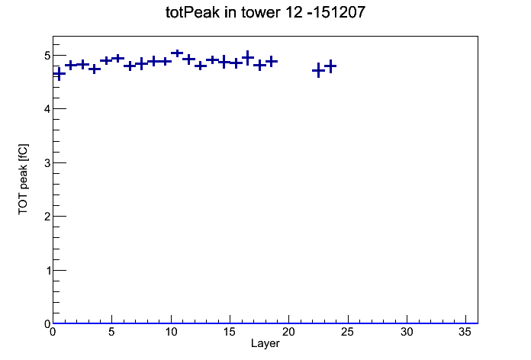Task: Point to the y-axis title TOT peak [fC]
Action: click(24, 179)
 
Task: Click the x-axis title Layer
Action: click(265, 343)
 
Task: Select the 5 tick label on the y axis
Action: click(47, 56)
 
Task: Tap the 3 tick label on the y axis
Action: click(47, 163)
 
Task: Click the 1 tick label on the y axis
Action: click(47, 271)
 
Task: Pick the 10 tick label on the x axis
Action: click(171, 333)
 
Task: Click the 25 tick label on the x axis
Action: click(348, 333)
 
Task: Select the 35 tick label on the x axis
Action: click(465, 333)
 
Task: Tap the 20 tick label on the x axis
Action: click(288, 333)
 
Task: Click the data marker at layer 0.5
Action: click(59, 74)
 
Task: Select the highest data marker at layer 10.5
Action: click(177, 53)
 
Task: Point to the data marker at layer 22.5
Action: click(318, 70)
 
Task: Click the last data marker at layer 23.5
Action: click(330, 66)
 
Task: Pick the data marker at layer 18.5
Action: click(272, 62)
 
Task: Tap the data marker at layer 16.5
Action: click(247, 58)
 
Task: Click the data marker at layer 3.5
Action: click(95, 69)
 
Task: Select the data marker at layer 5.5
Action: click(117, 59)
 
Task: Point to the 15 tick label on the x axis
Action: click(230, 333)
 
